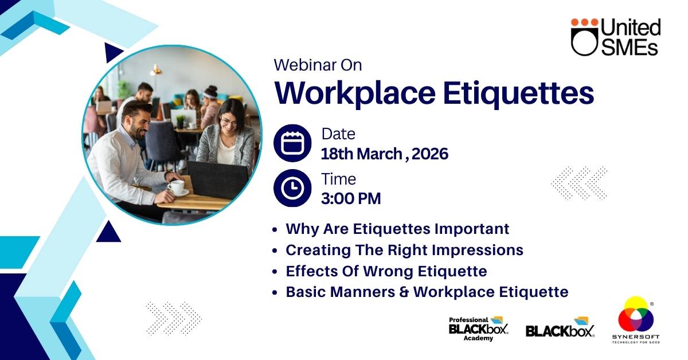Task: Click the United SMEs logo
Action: (616, 37)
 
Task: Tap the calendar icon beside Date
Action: (292, 143)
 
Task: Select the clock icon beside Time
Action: (292, 188)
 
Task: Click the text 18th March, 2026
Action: (385, 154)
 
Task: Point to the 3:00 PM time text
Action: (351, 198)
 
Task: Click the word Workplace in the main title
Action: (355, 93)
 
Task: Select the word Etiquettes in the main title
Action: (518, 93)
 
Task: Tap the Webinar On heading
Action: (318, 65)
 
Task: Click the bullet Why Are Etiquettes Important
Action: (397, 229)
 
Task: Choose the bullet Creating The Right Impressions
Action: (405, 250)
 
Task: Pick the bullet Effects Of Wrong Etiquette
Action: (386, 271)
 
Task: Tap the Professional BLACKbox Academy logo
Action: (479, 329)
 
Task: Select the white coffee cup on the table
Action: (177, 187)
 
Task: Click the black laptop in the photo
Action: (218, 179)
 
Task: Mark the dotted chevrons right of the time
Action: (579, 183)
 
